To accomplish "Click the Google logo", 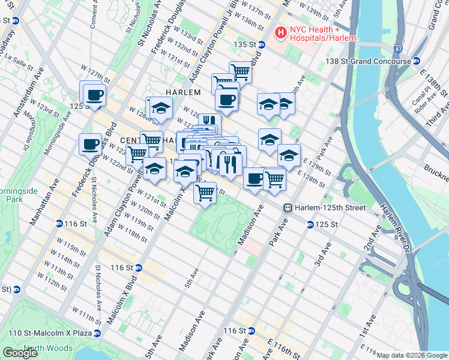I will click(20, 353).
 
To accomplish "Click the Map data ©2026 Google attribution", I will click(412, 355).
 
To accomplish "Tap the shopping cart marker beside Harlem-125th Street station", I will click(274, 178).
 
